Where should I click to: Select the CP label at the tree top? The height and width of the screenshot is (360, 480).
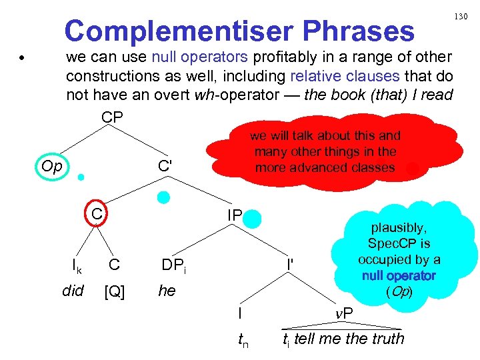coord(112,117)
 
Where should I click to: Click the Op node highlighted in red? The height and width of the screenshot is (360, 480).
coord(51,165)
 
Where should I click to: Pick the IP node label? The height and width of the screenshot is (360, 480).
coord(234,215)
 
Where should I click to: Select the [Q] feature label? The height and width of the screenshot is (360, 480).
coord(115,291)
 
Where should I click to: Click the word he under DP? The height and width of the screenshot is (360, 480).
coord(167,291)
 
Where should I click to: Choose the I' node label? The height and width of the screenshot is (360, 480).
coord(291,265)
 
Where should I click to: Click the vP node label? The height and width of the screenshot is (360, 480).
coord(343,313)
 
